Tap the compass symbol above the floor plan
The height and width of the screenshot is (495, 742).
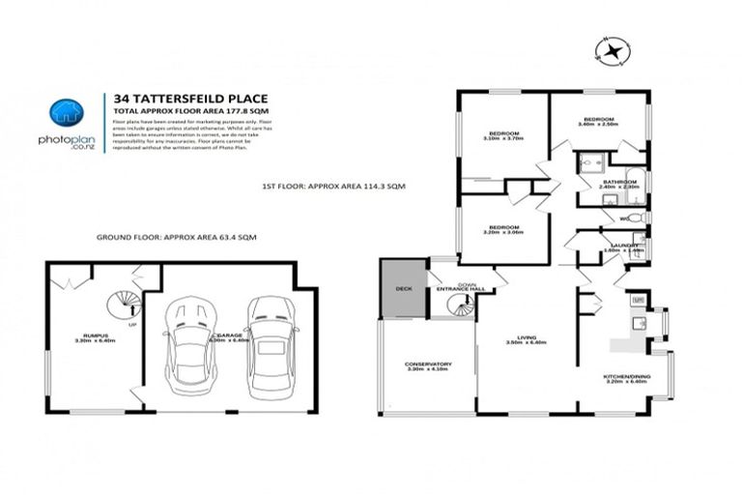pyautogui.click(x=612, y=50)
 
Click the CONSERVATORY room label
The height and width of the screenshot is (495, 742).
pyautogui.click(x=428, y=366)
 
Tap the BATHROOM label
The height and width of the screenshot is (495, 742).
pyautogui.click(x=618, y=184)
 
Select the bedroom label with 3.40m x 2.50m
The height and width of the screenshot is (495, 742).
pyautogui.click(x=597, y=122)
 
